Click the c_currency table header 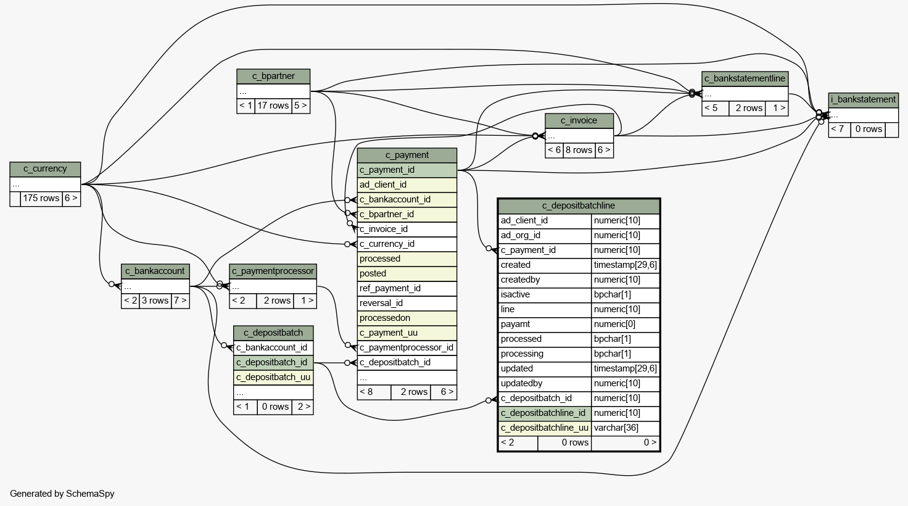[x=45, y=169]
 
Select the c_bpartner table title [x=273, y=77]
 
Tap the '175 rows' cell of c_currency [x=41, y=199]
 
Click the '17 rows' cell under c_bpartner [x=273, y=106]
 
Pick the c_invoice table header [x=579, y=121]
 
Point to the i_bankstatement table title [x=863, y=100]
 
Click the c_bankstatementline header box [x=745, y=78]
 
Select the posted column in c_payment [x=407, y=274]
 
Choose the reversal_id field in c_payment [x=407, y=303]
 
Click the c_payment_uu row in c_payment [x=407, y=333]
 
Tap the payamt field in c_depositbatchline [x=545, y=325]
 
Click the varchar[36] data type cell [x=625, y=428]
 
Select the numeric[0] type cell [x=625, y=325]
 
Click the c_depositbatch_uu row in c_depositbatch [x=273, y=378]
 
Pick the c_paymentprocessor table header [x=273, y=272]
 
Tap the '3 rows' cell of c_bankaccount [x=155, y=301]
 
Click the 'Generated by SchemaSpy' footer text [x=62, y=494]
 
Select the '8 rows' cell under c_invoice [x=579, y=151]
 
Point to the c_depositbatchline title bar [x=579, y=206]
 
